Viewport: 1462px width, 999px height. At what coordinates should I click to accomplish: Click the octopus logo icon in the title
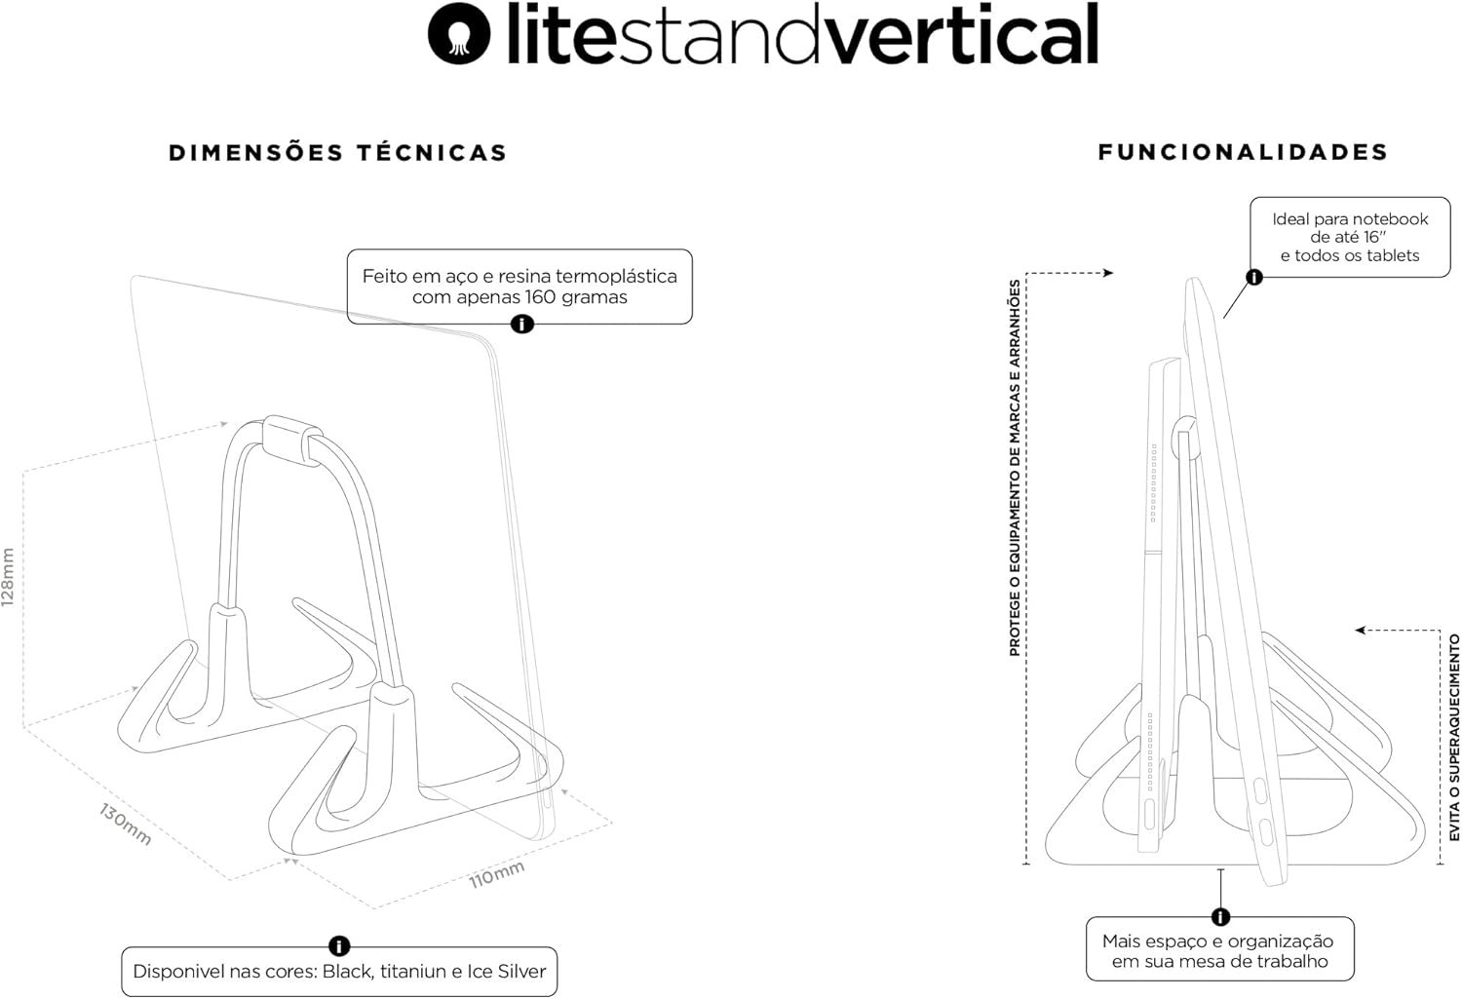458,34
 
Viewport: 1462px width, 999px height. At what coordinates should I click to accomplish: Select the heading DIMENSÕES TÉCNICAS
338,153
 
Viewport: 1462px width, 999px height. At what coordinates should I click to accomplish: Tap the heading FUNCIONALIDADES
1243,152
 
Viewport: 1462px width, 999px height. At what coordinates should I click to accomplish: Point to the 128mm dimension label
9,577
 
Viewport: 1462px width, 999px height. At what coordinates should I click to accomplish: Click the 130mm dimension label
125,824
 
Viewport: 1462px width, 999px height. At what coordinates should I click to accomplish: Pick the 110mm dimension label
497,873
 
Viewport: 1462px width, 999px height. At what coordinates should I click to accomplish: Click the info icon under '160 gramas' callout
522,324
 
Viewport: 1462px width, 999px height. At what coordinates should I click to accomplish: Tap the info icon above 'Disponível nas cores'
339,945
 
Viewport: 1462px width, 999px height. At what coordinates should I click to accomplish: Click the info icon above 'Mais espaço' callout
1220,916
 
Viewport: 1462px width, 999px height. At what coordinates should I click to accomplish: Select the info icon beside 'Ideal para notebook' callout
1254,277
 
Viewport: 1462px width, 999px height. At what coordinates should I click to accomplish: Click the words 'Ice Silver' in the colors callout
507,972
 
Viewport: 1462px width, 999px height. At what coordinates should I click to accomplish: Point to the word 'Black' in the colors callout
348,972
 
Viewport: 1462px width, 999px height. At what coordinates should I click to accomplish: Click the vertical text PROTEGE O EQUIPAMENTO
1015,468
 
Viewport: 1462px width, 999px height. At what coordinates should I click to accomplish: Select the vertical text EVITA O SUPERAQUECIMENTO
1453,738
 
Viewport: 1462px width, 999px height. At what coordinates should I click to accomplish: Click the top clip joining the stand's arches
292,434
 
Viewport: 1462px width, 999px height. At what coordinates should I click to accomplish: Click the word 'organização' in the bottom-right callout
1281,941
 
